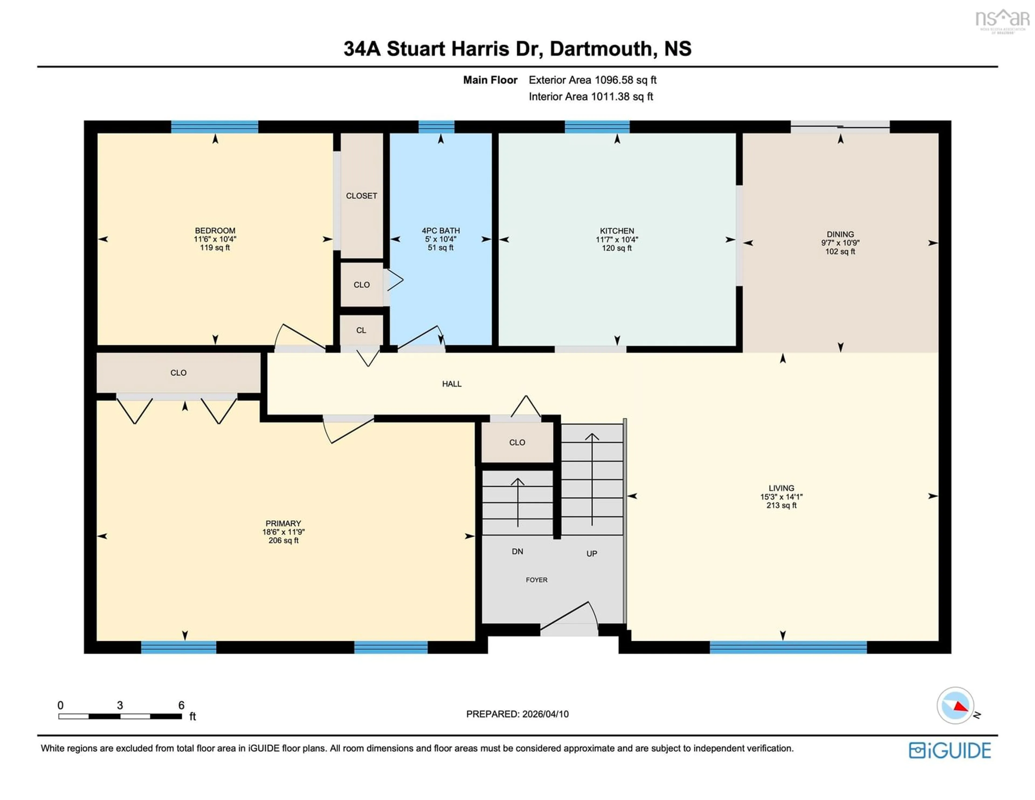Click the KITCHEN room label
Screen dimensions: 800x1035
pyautogui.click(x=616, y=231)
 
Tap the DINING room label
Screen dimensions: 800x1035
pyautogui.click(x=840, y=234)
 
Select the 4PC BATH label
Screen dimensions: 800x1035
pyautogui.click(x=441, y=231)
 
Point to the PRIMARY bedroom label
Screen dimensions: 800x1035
pyautogui.click(x=283, y=524)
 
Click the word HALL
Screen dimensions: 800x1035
pyautogui.click(x=452, y=384)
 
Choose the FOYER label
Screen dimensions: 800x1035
pyautogui.click(x=536, y=580)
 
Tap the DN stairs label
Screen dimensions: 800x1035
pyautogui.click(x=517, y=552)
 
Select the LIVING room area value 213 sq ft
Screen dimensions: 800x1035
pyautogui.click(x=781, y=505)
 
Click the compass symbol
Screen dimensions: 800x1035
pyautogui.click(x=955, y=706)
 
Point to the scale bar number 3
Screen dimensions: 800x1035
pyautogui.click(x=120, y=705)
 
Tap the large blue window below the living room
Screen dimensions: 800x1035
pyautogui.click(x=788, y=647)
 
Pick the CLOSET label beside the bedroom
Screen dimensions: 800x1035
pyautogui.click(x=362, y=196)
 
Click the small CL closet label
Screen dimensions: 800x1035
pyautogui.click(x=361, y=330)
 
